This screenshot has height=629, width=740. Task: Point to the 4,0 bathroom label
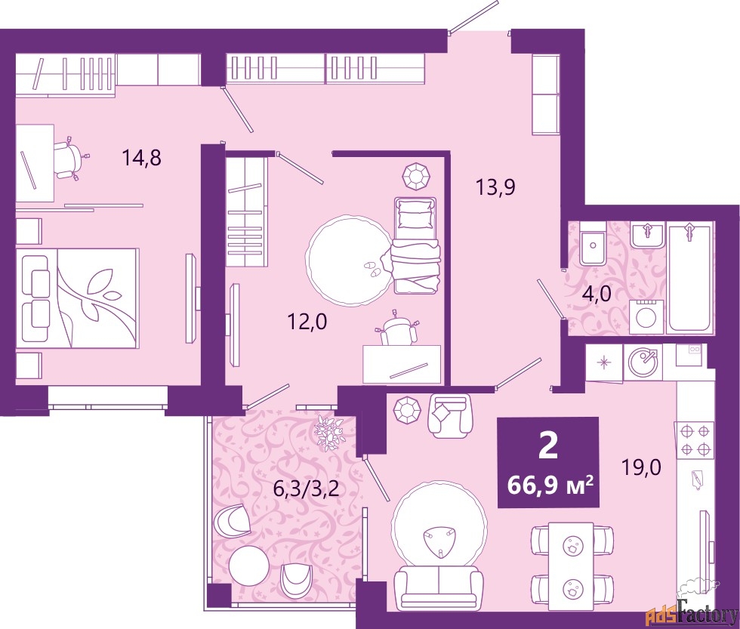pos(595,294)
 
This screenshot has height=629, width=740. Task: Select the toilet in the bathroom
pos(591,242)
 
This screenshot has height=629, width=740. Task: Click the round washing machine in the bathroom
pos(645,315)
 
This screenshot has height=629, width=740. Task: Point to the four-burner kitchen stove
pos(695,439)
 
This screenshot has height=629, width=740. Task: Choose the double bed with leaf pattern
pos(79,298)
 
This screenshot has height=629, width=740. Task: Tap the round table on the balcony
pos(248,564)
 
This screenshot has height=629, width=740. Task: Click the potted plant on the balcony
pos(329,433)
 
